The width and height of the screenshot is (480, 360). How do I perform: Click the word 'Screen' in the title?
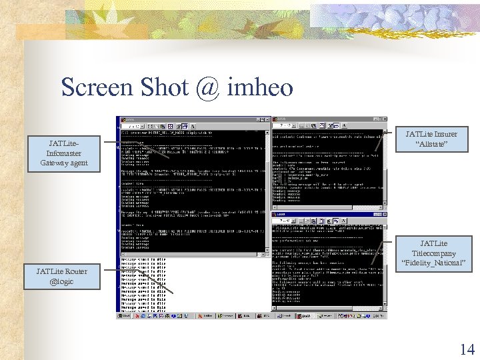(97, 87)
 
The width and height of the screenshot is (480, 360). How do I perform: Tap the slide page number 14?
(466, 348)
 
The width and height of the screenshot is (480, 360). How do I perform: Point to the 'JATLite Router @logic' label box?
(62, 276)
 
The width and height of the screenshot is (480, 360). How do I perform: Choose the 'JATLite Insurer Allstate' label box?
(431, 139)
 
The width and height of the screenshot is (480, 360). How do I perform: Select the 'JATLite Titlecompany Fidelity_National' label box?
(434, 253)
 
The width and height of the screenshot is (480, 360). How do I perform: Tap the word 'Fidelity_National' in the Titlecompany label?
(434, 263)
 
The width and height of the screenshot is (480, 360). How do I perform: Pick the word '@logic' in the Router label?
(62, 281)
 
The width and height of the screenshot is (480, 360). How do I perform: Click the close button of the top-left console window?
(265, 119)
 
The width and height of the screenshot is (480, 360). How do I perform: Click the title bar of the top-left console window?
(187, 119)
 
